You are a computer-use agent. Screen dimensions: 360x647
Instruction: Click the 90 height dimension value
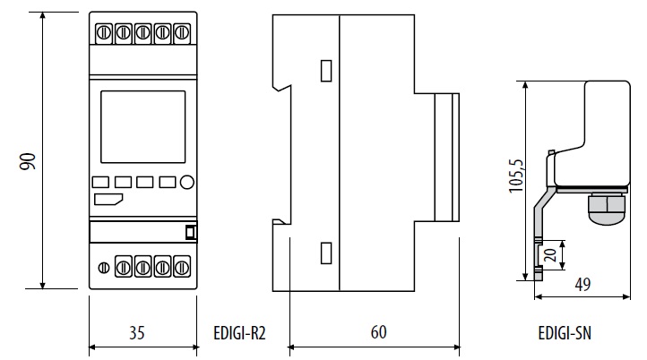click(27, 161)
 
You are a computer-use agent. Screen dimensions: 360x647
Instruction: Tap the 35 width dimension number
click(136, 333)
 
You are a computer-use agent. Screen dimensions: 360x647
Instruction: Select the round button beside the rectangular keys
click(187, 183)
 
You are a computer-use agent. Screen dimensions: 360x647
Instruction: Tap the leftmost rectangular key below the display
click(100, 183)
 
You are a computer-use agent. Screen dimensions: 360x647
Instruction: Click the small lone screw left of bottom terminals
click(103, 266)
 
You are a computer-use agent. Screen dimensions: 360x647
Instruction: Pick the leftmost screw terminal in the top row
click(103, 33)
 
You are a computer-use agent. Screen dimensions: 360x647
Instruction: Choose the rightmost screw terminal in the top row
click(183, 33)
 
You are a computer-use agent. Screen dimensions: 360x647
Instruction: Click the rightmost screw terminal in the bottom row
click(183, 266)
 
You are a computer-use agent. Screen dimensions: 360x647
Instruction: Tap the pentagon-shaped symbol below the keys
click(108, 199)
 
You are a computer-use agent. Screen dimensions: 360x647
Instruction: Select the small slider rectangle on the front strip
click(190, 233)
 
